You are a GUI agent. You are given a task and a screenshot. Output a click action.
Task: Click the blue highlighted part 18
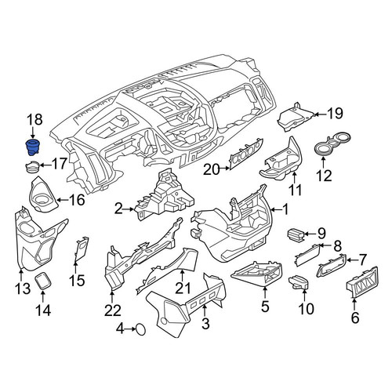pos(33,147)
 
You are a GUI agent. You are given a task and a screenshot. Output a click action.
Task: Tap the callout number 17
pos(60,164)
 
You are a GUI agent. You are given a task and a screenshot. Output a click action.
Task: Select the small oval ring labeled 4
pos(140,329)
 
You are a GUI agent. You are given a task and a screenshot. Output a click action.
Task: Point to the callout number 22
pos(113,310)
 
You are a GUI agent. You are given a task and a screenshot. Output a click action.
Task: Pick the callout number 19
pos(336,114)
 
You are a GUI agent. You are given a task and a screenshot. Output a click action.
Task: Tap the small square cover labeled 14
pos(43,280)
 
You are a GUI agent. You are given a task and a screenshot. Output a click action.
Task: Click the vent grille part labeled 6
pos(362,282)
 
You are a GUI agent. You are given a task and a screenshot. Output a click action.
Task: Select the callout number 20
pos(212,170)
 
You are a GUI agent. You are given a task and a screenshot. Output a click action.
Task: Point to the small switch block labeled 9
pos(296,233)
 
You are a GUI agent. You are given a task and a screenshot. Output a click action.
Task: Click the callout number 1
pos(285,209)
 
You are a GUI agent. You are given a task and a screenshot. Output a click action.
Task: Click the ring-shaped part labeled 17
pos(33,168)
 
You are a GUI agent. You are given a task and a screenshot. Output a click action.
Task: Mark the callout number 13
pos(23,289)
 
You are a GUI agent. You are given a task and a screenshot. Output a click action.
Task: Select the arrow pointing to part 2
pos(129,209)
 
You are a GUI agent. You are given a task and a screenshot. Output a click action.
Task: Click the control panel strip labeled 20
pos(245,154)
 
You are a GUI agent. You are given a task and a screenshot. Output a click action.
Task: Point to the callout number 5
pos(265,307)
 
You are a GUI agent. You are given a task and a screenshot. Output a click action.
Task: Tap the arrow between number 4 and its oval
pos(129,329)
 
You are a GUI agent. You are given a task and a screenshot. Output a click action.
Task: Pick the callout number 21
pos(183,289)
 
